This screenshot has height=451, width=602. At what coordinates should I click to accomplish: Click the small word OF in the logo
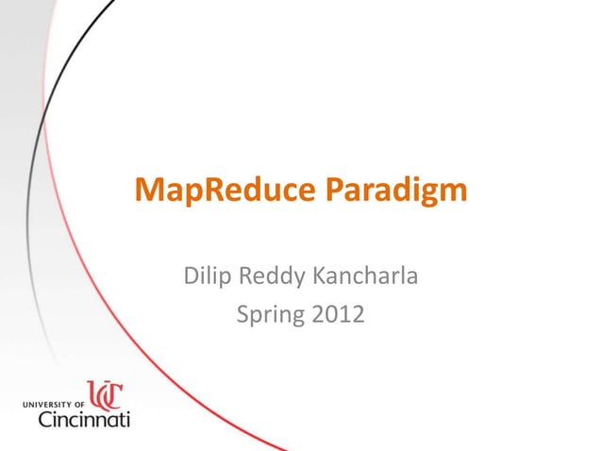(x=79, y=403)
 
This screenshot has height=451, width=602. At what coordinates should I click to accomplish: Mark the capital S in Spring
(x=242, y=313)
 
